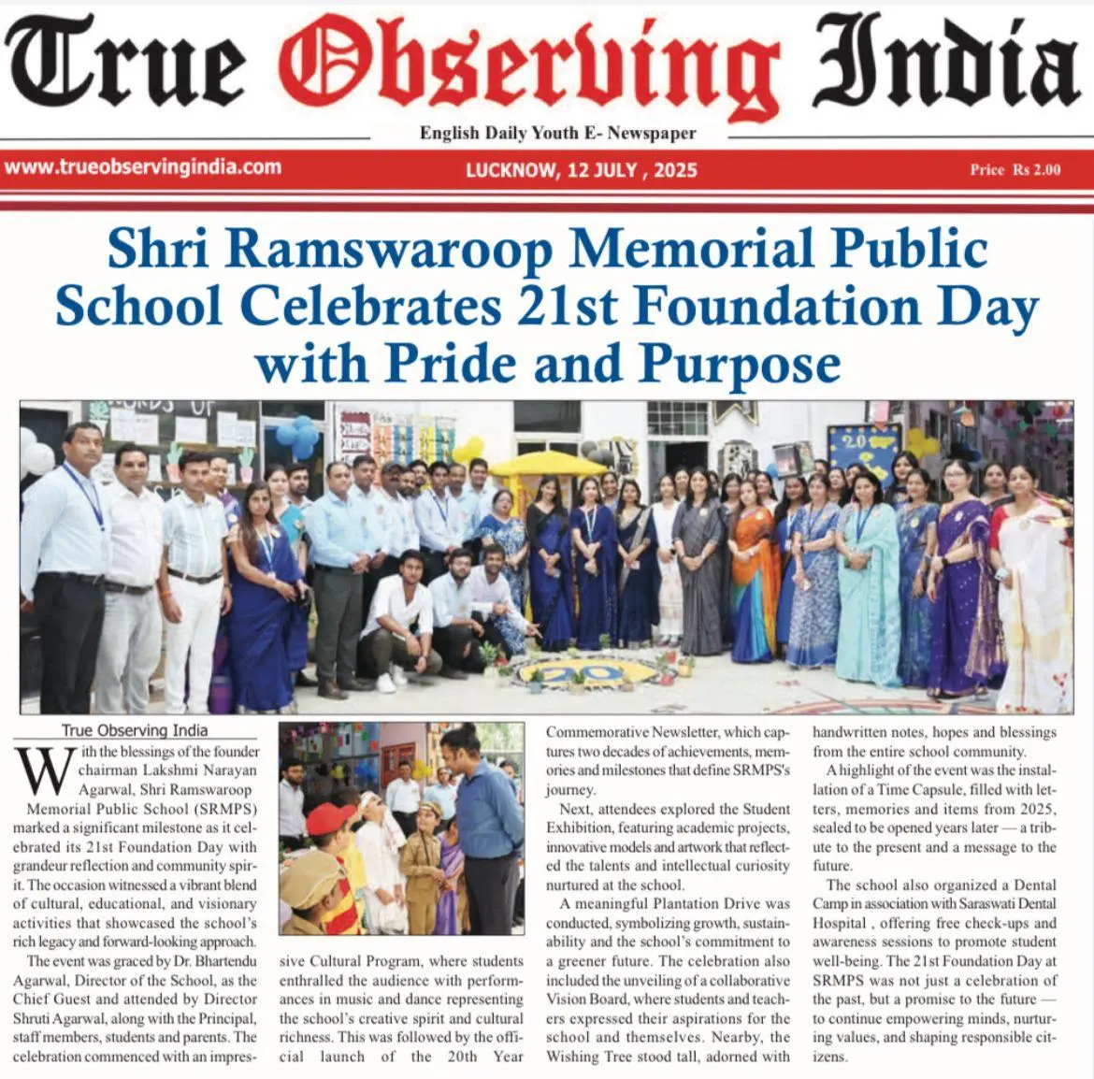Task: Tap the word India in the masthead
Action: [944, 64]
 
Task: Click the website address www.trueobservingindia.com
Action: [142, 167]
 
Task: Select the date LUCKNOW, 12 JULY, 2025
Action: [581, 170]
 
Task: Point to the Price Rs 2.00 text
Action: [1015, 170]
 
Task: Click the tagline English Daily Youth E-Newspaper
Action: [557, 133]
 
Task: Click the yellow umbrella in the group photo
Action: [547, 463]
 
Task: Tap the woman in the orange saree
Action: [755, 570]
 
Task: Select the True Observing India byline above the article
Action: [135, 730]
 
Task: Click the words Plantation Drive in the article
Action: [730, 903]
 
